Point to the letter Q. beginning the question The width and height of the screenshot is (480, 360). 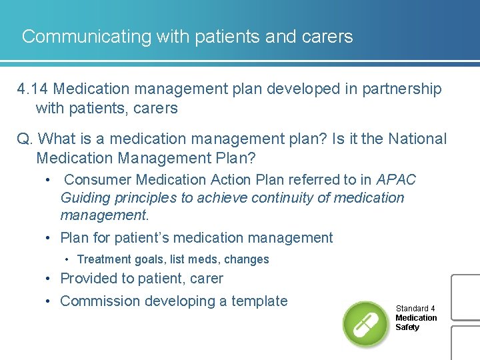pos(25,139)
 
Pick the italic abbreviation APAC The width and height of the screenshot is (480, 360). pos(396,180)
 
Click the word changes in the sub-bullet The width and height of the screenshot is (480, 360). pos(247,259)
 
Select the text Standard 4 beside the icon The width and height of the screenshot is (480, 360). pos(415,309)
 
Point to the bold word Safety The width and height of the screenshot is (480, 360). pos(407,327)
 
